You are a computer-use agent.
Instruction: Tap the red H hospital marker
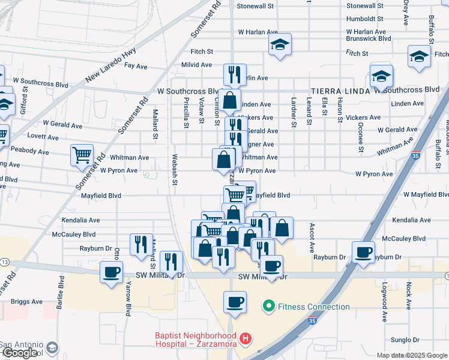tap(245, 340)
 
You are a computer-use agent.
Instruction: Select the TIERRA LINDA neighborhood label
tap(340, 90)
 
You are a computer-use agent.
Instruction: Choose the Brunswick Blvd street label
tap(369, 38)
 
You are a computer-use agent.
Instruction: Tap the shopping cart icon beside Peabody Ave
tap(82, 155)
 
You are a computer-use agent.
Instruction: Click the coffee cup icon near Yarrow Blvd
tap(111, 272)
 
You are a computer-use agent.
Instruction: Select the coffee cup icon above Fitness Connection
tap(235, 301)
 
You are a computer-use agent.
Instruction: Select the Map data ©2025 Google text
tap(411, 355)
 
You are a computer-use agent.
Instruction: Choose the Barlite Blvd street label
tap(61, 291)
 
